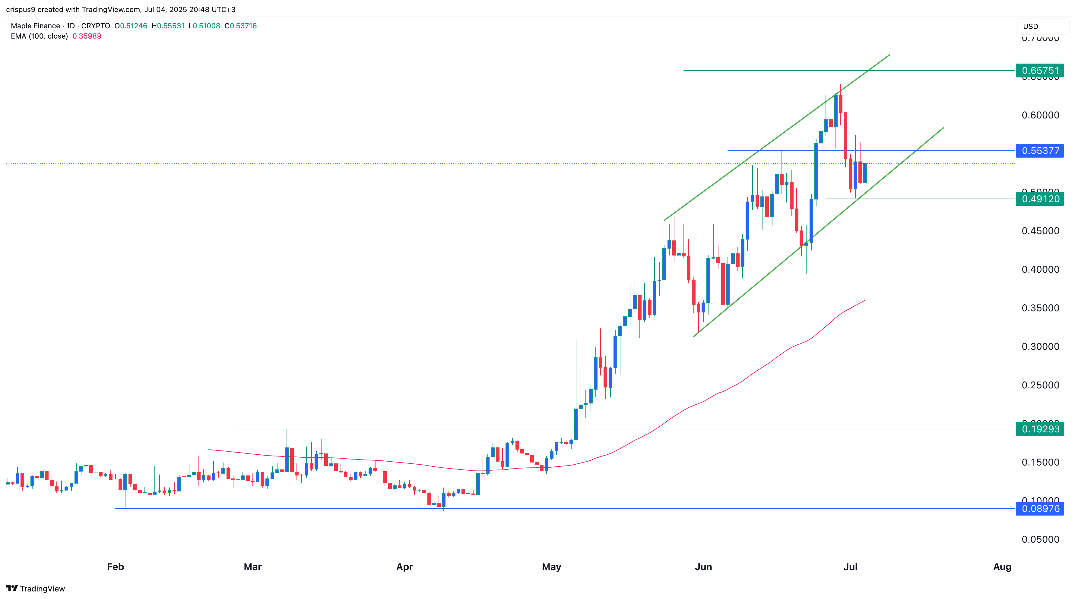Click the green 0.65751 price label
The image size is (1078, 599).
tap(1040, 71)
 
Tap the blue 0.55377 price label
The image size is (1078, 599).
tap(1040, 150)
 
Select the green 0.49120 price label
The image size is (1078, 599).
tap(1040, 199)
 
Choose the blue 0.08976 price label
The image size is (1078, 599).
tap(1040, 509)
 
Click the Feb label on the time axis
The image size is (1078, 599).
tap(116, 567)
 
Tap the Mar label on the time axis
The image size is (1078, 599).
tap(253, 567)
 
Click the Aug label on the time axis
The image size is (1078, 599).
tap(1002, 567)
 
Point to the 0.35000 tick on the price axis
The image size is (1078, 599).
tap(1040, 308)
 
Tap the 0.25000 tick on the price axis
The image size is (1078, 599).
tap(1040, 385)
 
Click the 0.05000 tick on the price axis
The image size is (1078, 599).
tap(1040, 539)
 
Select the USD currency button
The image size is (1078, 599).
tap(1031, 26)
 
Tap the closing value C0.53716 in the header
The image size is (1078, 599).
tap(241, 26)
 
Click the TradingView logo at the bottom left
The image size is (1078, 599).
tap(36, 588)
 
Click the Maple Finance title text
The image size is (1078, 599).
tap(35, 26)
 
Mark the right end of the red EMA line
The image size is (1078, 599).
tap(864, 300)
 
